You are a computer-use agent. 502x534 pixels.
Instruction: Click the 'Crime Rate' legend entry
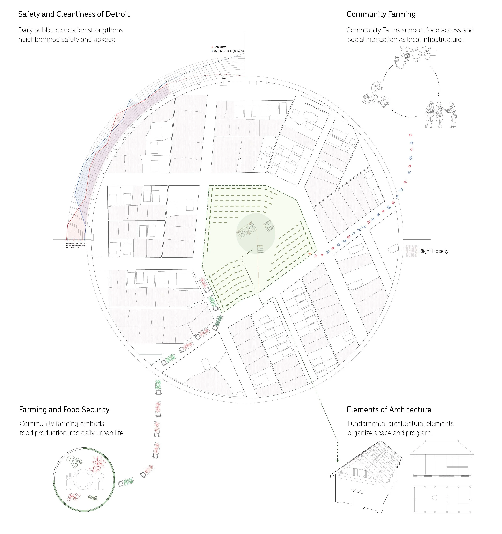[x=220, y=47]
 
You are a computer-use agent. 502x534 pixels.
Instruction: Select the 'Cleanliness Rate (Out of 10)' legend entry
[x=229, y=51]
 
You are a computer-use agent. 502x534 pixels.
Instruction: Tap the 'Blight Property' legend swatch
[x=411, y=251]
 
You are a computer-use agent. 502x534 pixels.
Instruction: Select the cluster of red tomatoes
[x=73, y=497]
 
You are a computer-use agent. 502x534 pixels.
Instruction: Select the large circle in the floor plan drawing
[x=435, y=497]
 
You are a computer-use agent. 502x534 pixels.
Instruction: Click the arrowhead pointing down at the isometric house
[x=337, y=461]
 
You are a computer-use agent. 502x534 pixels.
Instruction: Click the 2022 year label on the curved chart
[x=174, y=95]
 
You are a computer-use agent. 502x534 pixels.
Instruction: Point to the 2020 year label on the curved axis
[x=152, y=109]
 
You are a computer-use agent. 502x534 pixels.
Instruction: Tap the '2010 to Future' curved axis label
[x=126, y=136]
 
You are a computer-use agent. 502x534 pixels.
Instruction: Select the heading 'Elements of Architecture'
[x=389, y=410]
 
